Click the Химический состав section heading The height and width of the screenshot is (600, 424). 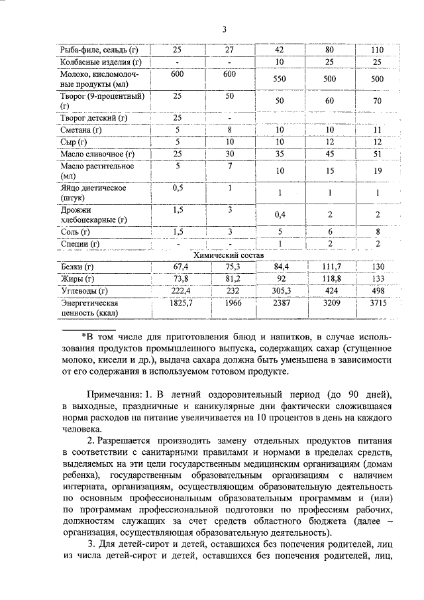tap(228, 255)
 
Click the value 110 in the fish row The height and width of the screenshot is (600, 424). tap(378, 50)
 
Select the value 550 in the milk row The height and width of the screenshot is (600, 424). tap(279, 79)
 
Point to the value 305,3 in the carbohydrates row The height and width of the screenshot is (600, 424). tap(279, 290)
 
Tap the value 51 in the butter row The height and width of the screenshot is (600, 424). tap(378, 154)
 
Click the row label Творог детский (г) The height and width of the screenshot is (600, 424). tap(93, 118)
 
